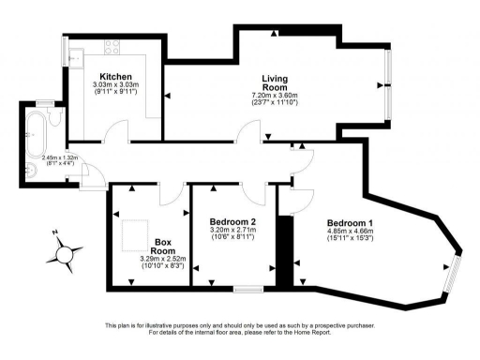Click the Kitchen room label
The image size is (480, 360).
coord(116,75)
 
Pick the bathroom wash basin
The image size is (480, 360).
coord(33,170)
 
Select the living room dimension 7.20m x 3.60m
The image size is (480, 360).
coord(274,96)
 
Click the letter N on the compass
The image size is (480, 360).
coord(55,232)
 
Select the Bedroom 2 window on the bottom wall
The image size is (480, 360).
coord(247,287)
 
